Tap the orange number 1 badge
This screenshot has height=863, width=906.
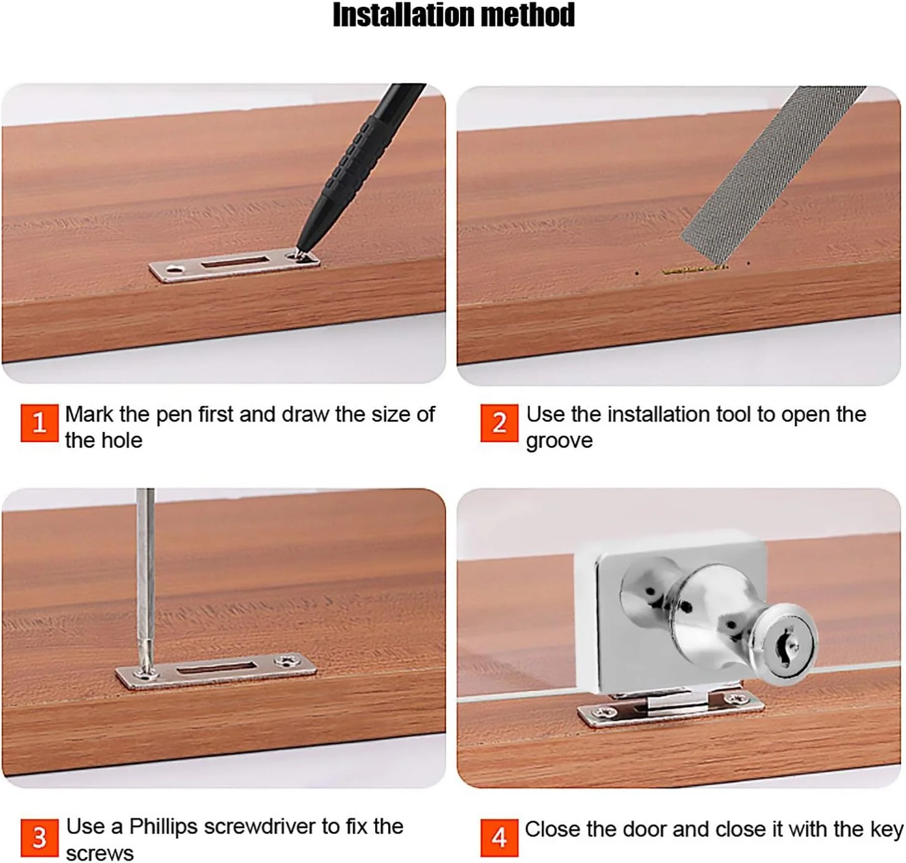coord(40,423)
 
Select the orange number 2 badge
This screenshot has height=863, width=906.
coord(499,423)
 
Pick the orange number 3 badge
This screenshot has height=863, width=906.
coord(40,837)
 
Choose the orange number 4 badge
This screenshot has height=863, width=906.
coord(499,837)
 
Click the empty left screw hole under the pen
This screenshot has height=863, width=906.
coord(174,269)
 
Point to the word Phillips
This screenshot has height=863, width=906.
coord(163,826)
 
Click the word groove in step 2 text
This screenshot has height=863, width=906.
coord(559,440)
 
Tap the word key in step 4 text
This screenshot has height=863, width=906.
coord(886,829)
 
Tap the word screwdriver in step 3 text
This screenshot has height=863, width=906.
coord(259,826)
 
